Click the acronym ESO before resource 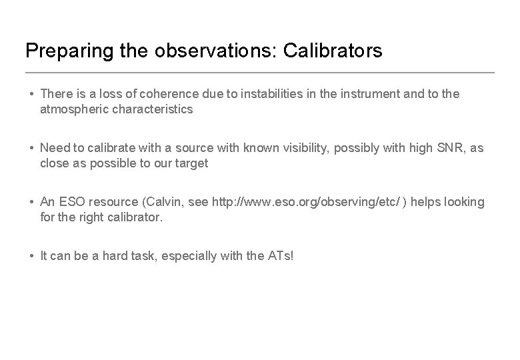pyautogui.click(x=71, y=202)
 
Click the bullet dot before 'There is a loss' pyautogui.click(x=31, y=94)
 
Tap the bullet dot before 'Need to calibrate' pyautogui.click(x=31, y=148)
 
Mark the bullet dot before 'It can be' pyautogui.click(x=31, y=256)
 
